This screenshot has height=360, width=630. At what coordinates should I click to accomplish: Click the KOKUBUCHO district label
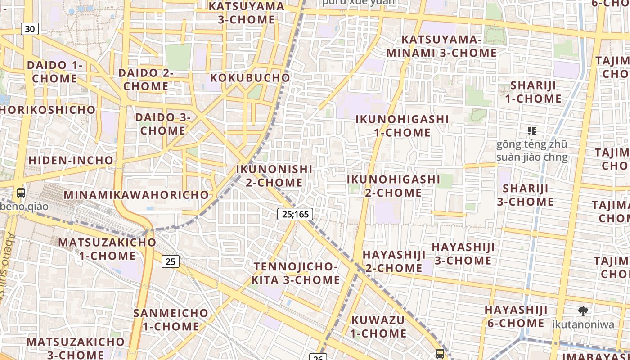[250, 78]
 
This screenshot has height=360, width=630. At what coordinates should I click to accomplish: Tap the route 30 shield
[30, 29]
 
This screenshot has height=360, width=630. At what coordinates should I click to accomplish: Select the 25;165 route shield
[295, 214]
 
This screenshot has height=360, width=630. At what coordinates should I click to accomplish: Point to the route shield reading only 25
[171, 261]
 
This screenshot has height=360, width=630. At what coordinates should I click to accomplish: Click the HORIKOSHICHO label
[48, 110]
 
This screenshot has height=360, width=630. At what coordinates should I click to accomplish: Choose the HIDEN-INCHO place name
[71, 160]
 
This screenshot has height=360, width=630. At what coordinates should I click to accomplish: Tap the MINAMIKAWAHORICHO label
[136, 195]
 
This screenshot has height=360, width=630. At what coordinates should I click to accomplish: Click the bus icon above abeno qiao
[21, 193]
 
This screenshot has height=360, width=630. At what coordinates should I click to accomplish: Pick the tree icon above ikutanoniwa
[583, 311]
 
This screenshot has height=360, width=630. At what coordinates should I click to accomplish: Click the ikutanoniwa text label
[583, 324]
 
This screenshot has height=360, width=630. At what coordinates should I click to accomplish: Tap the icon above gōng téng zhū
[532, 131]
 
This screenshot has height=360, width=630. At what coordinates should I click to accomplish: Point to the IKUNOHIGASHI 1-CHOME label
[402, 126]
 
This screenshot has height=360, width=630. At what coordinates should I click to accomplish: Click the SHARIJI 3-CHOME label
[525, 195]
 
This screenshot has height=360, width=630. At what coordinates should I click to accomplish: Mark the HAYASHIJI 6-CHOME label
[516, 316]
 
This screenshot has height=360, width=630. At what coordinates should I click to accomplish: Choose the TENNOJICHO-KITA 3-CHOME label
[296, 273]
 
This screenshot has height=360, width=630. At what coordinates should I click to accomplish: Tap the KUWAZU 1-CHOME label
[378, 327]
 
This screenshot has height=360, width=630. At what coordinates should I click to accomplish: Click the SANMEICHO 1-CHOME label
[171, 319]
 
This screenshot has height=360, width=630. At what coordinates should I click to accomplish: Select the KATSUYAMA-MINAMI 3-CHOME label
[441, 46]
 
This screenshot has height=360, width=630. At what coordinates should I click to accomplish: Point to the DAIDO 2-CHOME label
[146, 80]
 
